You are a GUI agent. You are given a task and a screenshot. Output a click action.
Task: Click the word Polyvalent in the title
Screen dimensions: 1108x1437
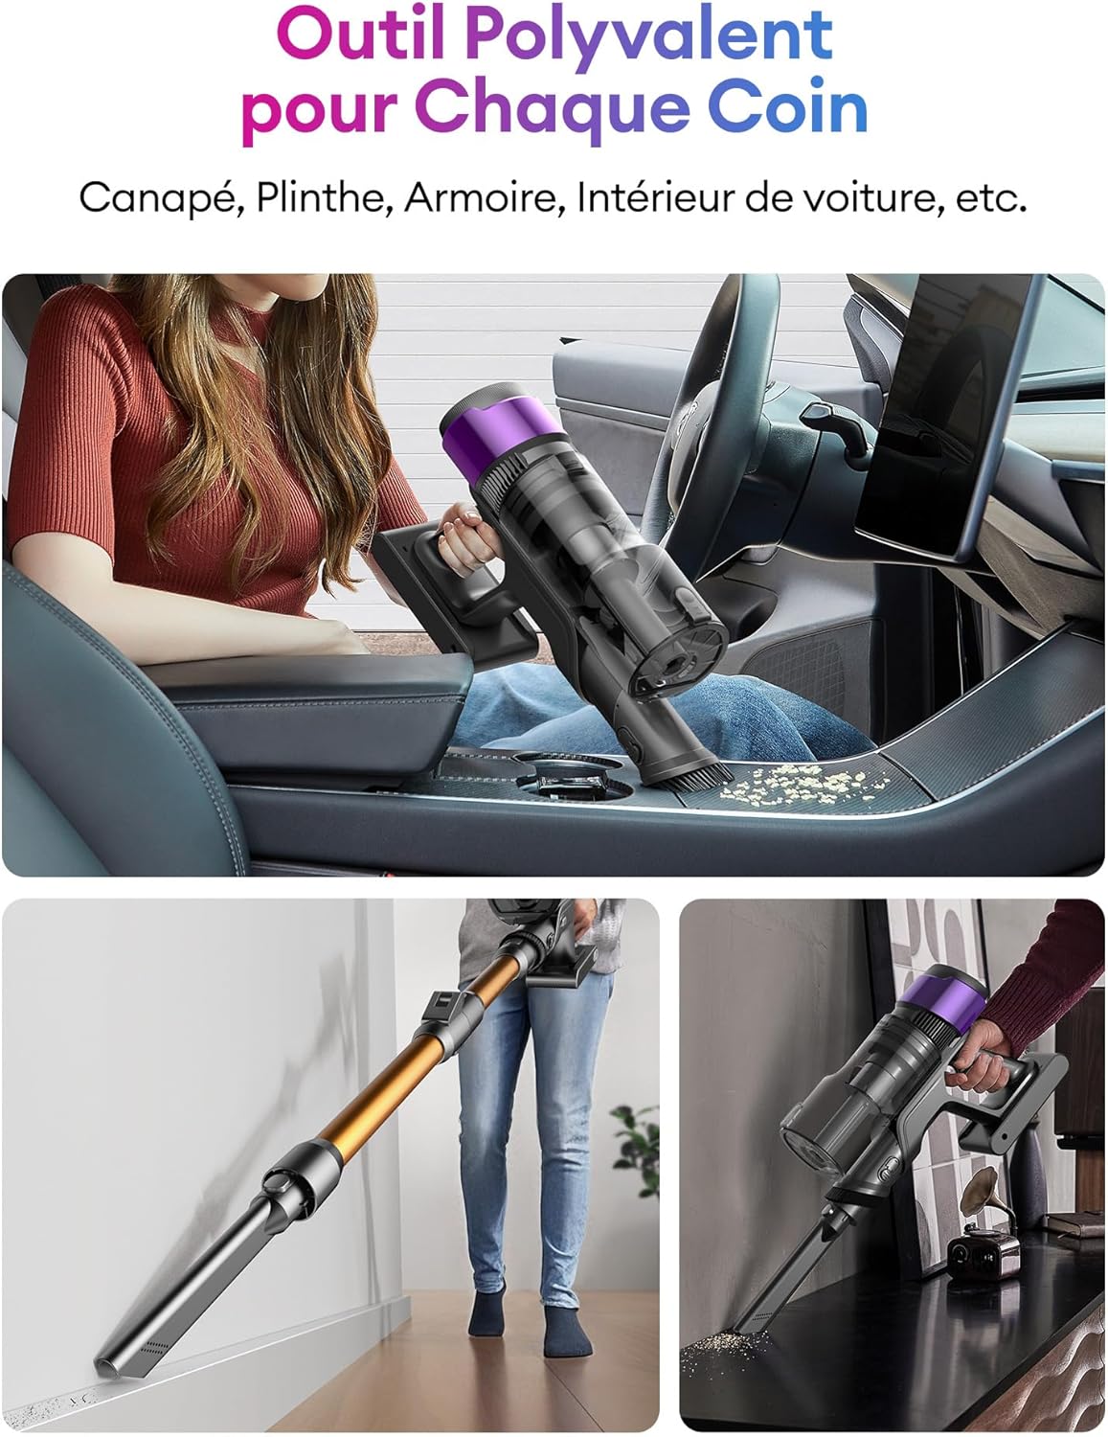648,36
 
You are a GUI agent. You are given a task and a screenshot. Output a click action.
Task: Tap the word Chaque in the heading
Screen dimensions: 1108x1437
553,109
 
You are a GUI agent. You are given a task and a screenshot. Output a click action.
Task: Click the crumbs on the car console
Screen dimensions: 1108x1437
803,787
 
